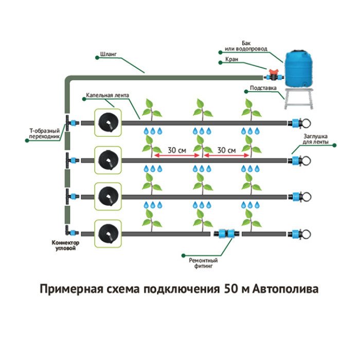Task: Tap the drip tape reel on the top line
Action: tap(107, 122)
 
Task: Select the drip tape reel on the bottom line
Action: tap(107, 234)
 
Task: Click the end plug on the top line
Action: tap(298, 123)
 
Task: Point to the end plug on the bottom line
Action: tap(298, 235)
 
